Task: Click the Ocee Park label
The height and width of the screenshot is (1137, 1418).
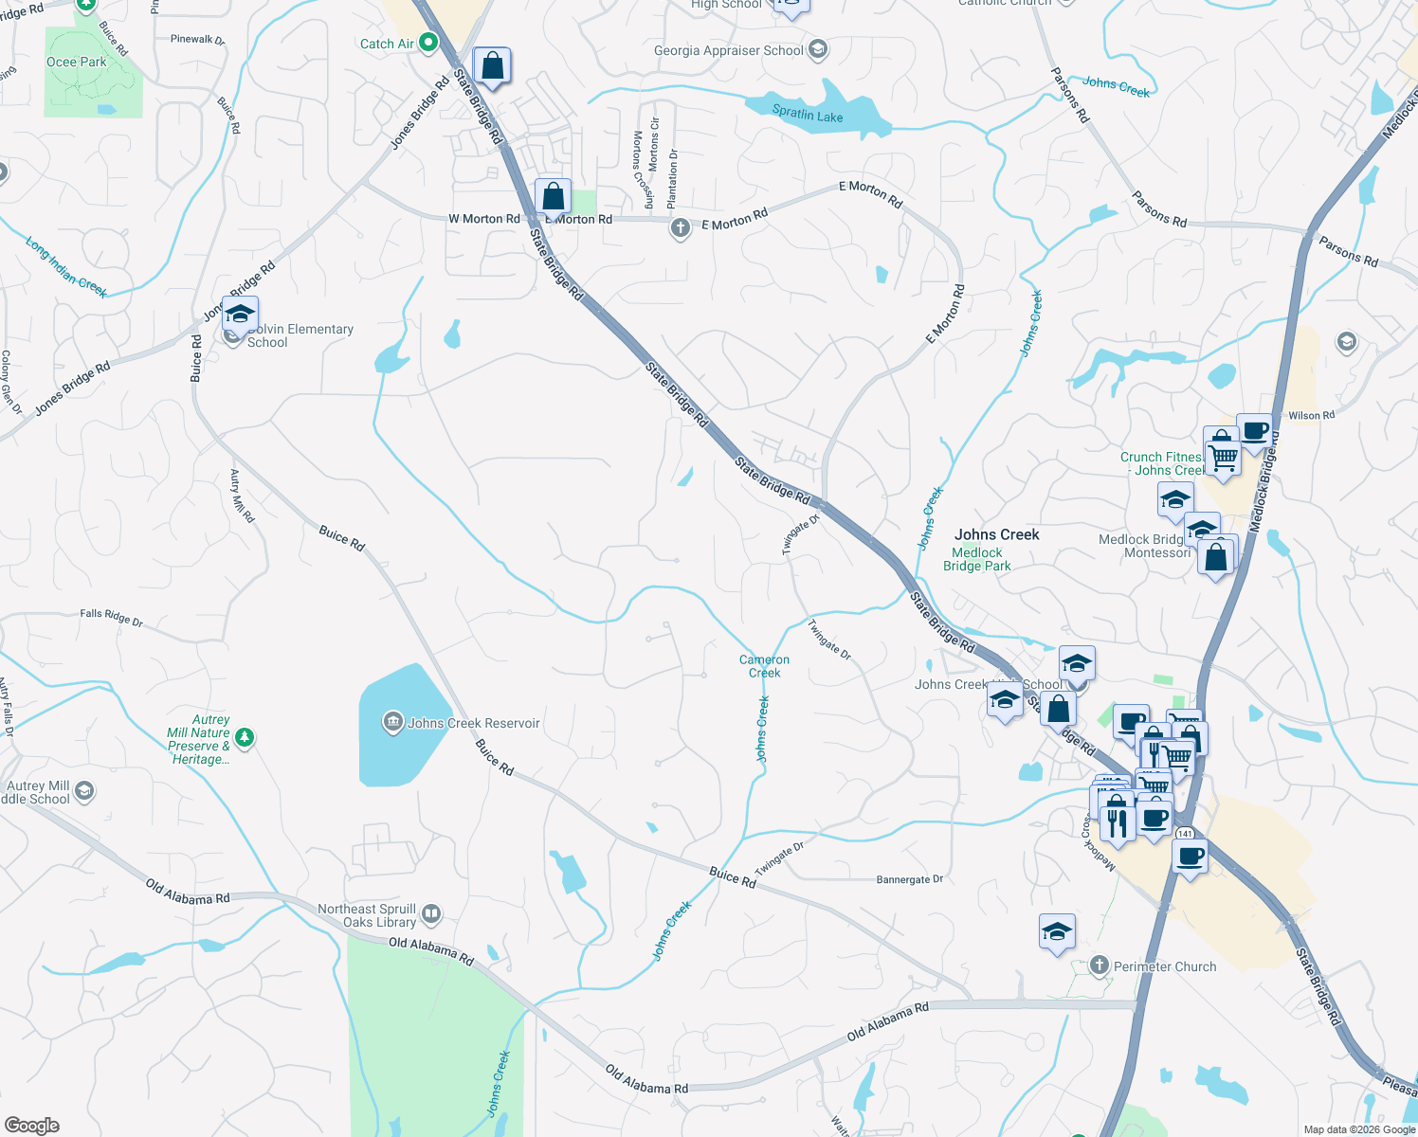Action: click(77, 62)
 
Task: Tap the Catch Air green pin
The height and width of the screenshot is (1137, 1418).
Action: click(428, 43)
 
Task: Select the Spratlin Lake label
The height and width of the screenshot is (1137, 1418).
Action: click(808, 115)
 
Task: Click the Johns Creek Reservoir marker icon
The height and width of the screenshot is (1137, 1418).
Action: click(392, 723)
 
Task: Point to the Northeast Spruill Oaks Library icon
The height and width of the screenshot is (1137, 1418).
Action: click(430, 913)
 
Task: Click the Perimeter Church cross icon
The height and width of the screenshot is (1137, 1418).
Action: click(1100, 966)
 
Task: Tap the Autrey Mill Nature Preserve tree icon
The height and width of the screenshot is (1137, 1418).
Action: click(245, 736)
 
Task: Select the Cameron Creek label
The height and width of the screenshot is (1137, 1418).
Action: click(764, 666)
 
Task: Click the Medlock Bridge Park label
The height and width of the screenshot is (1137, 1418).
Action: click(977, 559)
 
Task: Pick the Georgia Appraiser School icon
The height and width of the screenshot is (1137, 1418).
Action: click(817, 50)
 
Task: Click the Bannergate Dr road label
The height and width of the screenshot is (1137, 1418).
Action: click(910, 879)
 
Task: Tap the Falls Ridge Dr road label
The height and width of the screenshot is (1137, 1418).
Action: click(111, 618)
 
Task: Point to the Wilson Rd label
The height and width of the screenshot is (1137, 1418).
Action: click(1312, 415)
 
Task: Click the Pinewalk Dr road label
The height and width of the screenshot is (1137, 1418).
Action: click(197, 40)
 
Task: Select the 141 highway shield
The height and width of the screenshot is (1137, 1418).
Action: click(1185, 834)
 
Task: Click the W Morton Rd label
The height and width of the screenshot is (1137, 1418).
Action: click(484, 219)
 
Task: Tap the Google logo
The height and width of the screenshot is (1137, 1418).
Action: click(31, 1125)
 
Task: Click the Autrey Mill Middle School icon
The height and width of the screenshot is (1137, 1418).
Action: click(84, 791)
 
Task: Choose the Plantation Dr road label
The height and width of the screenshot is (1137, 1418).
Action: click(673, 178)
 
